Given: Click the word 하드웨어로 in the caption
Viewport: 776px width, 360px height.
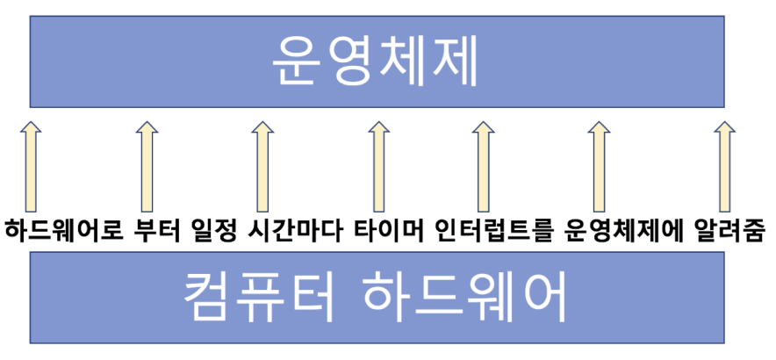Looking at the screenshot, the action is (x=61, y=233).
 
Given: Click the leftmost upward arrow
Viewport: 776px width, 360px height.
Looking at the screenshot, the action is (x=30, y=162).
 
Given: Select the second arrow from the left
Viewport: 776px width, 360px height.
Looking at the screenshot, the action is (x=146, y=162).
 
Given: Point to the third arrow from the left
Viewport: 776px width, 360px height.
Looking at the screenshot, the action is (x=261, y=162).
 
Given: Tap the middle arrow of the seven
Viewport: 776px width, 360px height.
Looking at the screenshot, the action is (x=377, y=162).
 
